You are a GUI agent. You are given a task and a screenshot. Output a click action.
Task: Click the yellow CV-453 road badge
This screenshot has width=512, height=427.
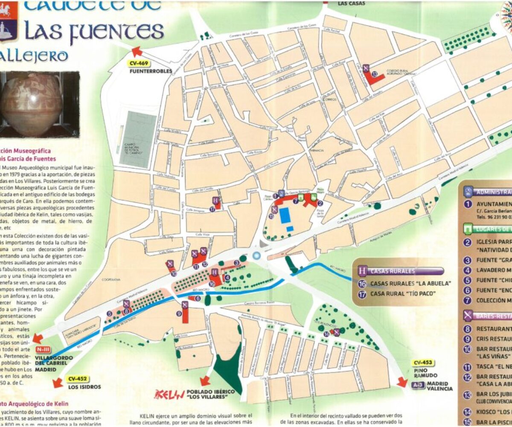(422, 363)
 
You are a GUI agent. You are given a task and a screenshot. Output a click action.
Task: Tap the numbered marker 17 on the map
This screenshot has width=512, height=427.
(212, 209)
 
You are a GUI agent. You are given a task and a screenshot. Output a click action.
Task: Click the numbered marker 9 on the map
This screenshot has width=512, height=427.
(179, 313)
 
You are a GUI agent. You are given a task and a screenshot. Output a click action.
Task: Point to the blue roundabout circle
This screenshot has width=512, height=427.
(256, 255)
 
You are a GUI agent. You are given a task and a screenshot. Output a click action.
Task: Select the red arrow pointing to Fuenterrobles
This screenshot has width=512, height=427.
(137, 52)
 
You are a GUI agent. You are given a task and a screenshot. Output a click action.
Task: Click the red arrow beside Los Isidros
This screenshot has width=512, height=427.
(58, 383)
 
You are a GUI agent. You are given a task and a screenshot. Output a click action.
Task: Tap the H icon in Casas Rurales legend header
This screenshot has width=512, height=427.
(362, 271)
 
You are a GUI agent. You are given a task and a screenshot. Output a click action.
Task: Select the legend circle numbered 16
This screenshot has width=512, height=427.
(362, 283)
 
